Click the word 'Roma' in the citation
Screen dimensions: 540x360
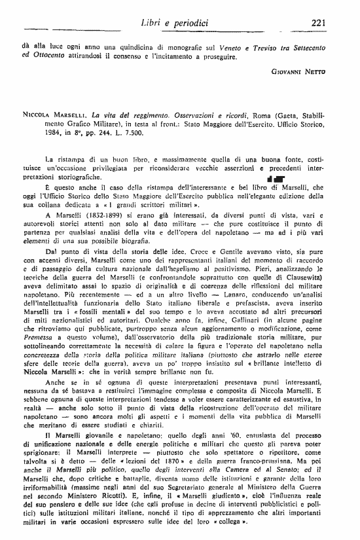point(225,112)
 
